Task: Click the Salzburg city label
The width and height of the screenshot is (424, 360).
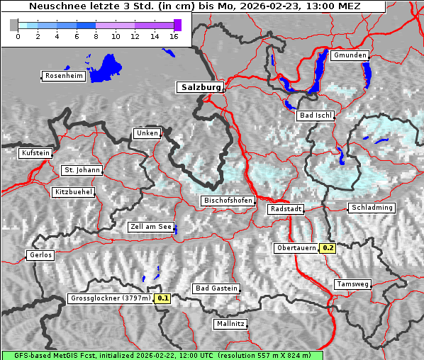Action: (200, 87)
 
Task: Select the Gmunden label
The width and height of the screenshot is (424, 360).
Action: (350, 55)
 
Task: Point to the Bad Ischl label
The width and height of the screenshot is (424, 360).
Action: (316, 116)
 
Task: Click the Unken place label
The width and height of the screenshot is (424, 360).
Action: (147, 133)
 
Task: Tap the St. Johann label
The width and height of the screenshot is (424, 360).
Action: (82, 170)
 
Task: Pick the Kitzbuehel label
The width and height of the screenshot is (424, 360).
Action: (73, 192)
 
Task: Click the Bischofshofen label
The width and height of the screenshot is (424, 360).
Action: (228, 201)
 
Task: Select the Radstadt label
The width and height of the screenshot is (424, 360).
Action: (286, 209)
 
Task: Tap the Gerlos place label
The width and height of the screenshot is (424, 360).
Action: (40, 255)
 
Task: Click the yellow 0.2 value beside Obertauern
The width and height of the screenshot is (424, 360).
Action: (327, 248)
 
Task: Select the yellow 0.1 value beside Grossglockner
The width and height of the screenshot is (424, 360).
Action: (163, 298)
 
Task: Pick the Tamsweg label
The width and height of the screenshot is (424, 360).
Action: (352, 284)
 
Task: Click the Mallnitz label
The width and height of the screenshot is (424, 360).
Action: (230, 324)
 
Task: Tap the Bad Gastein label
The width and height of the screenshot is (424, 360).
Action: (216, 288)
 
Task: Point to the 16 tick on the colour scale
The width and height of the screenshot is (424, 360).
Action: (174, 37)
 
